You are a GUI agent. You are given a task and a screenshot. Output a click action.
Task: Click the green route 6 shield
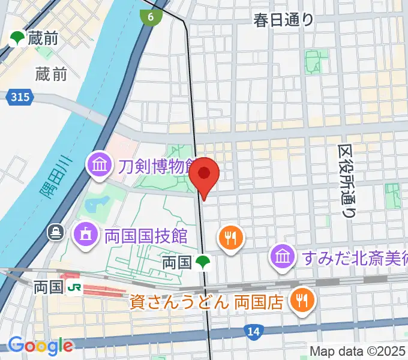(x=151, y=17)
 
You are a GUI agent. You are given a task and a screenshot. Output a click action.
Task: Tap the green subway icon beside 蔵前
(x=16, y=39)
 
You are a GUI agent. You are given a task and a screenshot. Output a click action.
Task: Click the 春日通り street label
(x=283, y=20)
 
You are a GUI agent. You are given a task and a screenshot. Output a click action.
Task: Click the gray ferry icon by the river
(x=56, y=231)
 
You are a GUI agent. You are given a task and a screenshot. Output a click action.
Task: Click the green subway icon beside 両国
(x=204, y=262)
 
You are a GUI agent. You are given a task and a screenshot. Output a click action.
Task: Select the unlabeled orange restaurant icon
(x=230, y=238)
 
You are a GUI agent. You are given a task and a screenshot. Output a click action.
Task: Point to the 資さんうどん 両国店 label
(x=206, y=301)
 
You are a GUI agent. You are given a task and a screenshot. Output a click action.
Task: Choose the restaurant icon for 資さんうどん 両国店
(x=301, y=300)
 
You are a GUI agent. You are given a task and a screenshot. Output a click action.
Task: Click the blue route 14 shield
(x=253, y=331)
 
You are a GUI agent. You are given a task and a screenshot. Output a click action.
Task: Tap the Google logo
(x=40, y=345)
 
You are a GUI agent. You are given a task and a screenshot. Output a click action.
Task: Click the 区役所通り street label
(x=347, y=180)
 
